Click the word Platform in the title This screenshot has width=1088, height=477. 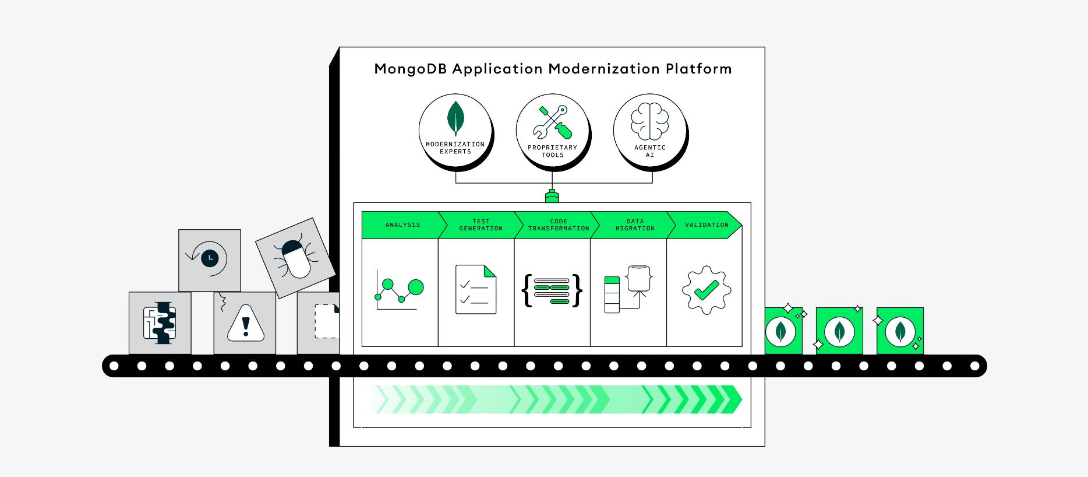[x=698, y=69]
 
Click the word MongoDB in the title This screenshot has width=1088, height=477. [x=410, y=69]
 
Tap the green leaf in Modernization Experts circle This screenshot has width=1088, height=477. [x=455, y=118]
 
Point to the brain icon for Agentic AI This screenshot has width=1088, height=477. [x=649, y=121]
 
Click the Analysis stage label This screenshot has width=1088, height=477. [x=402, y=225]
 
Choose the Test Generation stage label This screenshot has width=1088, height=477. [x=481, y=225]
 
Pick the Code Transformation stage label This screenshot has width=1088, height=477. [x=558, y=225]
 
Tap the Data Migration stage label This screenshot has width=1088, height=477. [x=635, y=225]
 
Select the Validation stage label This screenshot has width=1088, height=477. [x=706, y=225]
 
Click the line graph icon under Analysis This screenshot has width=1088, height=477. [x=399, y=290]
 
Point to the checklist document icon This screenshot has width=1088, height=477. [x=475, y=290]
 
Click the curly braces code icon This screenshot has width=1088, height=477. [x=552, y=290]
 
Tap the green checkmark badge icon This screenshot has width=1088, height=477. [x=706, y=290]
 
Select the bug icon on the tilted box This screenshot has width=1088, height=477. [x=295, y=258]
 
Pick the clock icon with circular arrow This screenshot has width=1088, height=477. [x=209, y=258]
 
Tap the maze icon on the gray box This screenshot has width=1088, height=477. [x=160, y=322]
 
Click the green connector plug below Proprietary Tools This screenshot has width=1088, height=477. [x=552, y=197]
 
